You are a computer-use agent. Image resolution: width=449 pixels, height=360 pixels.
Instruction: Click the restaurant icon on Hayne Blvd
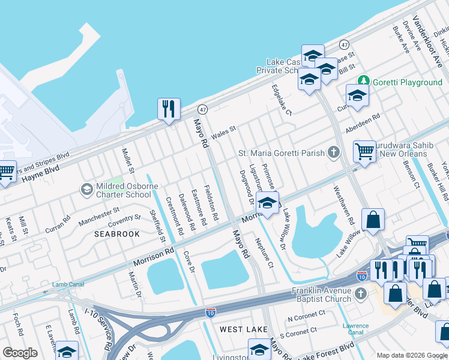point(169,109)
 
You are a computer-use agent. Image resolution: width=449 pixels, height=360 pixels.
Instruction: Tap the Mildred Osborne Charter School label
point(122,190)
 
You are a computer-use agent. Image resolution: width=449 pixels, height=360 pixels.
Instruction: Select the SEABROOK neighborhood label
point(117,234)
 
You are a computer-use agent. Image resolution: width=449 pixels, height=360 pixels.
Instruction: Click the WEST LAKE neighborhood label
point(240,329)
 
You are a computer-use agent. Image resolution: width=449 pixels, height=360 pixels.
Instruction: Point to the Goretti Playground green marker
point(363,82)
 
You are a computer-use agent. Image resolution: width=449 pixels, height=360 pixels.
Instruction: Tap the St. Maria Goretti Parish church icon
point(334,153)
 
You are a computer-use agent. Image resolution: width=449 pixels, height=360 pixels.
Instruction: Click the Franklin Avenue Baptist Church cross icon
point(360,293)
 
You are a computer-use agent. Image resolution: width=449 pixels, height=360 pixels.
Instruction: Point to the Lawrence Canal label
point(356,329)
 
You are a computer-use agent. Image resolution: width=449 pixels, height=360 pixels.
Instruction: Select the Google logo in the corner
point(20,353)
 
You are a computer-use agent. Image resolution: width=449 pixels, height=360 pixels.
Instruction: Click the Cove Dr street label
point(188,262)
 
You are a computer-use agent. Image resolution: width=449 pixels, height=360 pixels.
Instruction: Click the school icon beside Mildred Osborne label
point(87,190)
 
